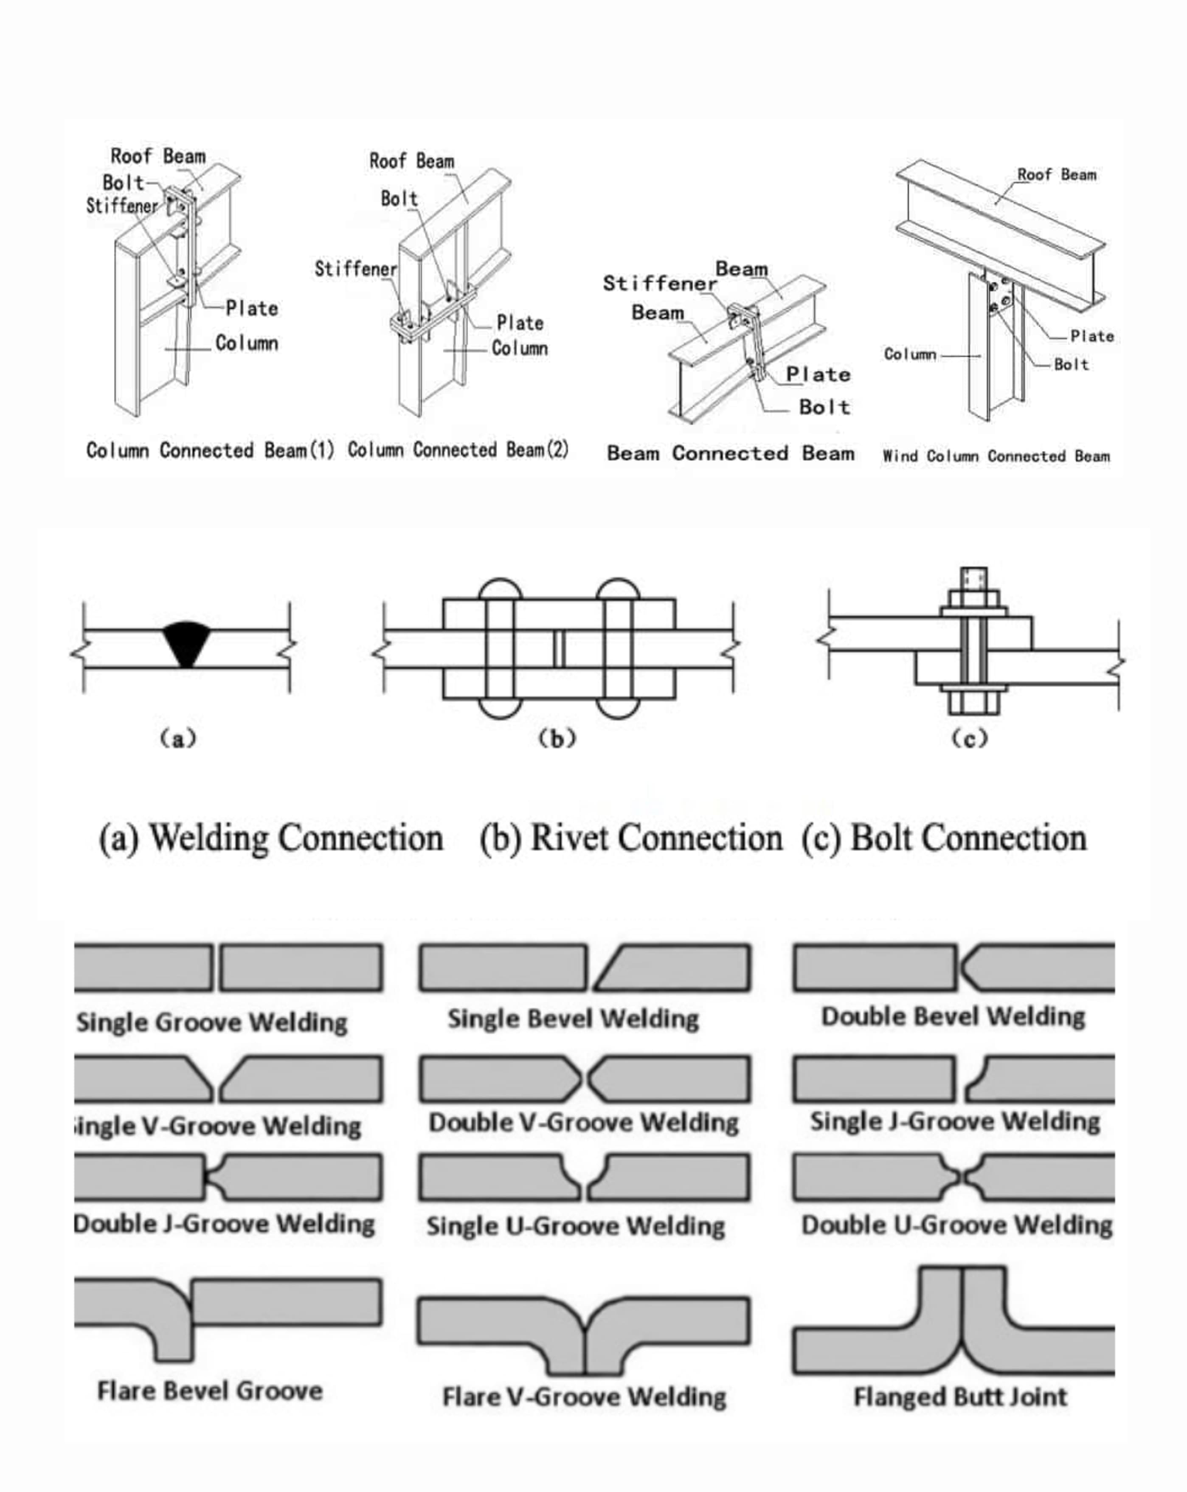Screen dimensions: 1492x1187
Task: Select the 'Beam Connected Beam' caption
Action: (730, 453)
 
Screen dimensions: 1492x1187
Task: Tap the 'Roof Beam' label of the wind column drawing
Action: (1056, 175)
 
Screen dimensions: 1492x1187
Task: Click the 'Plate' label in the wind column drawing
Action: (1091, 336)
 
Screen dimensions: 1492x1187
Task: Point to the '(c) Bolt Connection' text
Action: (944, 838)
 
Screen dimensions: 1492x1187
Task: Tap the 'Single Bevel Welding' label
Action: (573, 1019)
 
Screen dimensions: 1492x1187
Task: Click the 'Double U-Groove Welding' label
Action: (956, 1225)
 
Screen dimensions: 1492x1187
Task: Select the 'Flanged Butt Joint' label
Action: (960, 1396)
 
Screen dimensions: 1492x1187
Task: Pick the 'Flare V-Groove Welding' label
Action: (584, 1396)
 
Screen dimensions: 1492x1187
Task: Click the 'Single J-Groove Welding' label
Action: (955, 1121)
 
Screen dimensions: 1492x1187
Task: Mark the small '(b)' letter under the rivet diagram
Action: (557, 739)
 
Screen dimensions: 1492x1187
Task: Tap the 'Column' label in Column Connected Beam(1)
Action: (246, 343)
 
